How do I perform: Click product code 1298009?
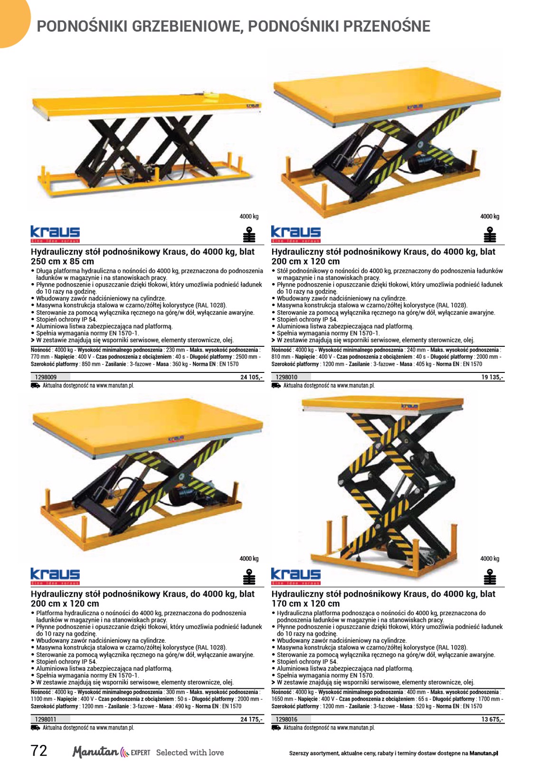pyautogui.click(x=46, y=377)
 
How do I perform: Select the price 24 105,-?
pyautogui.click(x=251, y=377)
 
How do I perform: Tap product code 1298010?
pyautogui.click(x=286, y=377)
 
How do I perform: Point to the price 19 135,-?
pyautogui.click(x=492, y=377)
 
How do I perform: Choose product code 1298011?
pyautogui.click(x=46, y=719)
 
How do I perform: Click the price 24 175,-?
pyautogui.click(x=251, y=719)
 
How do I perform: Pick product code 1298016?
pyautogui.click(x=286, y=719)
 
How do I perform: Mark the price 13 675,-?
pyautogui.click(x=492, y=719)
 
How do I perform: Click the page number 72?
pyautogui.click(x=39, y=751)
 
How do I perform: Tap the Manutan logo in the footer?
pyautogui.click(x=111, y=752)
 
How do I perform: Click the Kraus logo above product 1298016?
pyautogui.click(x=295, y=576)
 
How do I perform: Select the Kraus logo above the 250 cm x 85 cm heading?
pyautogui.click(x=55, y=234)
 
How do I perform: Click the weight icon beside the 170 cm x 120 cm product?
pyautogui.click(x=489, y=577)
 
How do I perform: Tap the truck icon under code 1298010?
pyautogui.click(x=276, y=386)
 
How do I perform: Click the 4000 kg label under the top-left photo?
pyautogui.click(x=249, y=217)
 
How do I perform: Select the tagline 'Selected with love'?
pyautogui.click(x=190, y=752)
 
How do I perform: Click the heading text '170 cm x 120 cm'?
pyautogui.click(x=305, y=603)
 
